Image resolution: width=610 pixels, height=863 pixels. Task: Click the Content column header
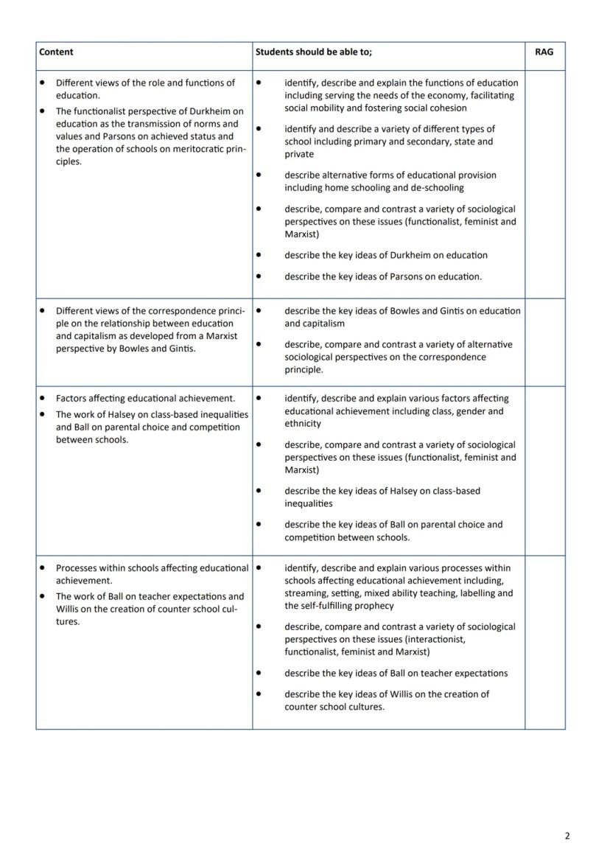(56, 52)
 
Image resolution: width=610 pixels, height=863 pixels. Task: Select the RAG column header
(544, 52)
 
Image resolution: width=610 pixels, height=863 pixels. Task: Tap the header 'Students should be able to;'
(314, 52)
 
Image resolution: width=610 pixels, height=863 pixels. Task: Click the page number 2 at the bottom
(567, 836)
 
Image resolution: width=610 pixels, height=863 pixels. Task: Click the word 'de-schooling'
(438, 188)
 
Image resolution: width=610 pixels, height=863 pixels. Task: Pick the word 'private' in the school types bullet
(299, 154)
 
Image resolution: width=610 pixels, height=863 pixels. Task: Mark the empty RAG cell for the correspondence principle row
(544, 342)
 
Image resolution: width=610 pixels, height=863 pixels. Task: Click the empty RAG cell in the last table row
(544, 642)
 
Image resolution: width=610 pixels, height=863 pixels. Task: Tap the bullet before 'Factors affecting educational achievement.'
(43, 399)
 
